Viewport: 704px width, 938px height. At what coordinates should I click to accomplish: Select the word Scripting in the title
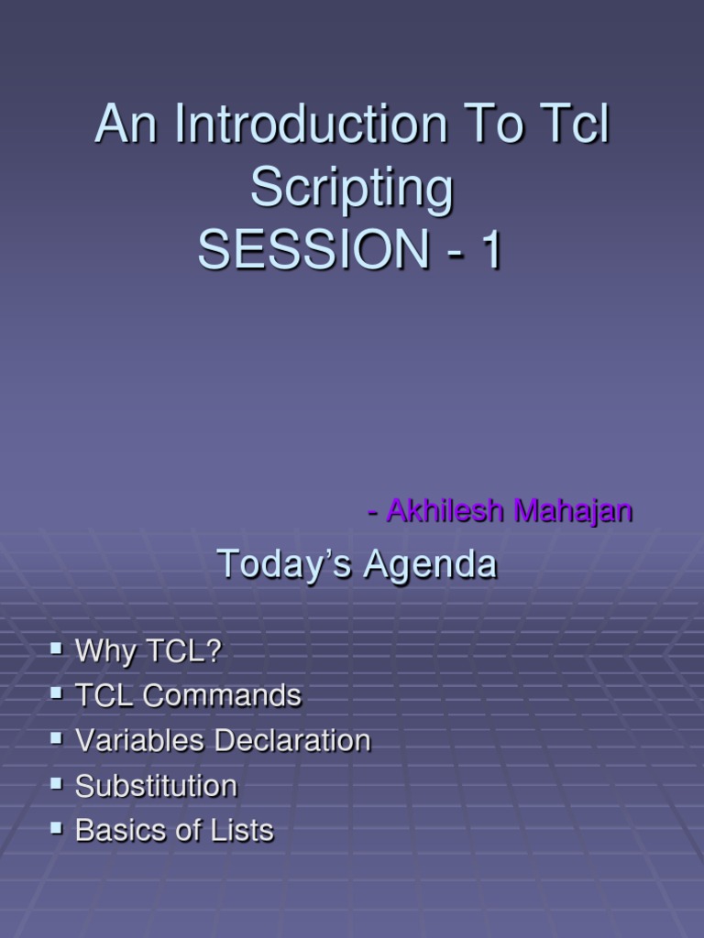click(x=352, y=189)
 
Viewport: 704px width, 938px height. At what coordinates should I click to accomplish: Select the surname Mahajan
click(x=574, y=510)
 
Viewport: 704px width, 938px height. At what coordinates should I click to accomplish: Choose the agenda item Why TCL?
click(x=148, y=651)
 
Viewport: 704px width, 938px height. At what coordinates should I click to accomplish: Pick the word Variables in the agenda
click(x=140, y=741)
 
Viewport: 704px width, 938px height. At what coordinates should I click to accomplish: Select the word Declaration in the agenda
click(x=292, y=741)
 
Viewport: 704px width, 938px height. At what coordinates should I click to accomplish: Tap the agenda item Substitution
click(x=156, y=786)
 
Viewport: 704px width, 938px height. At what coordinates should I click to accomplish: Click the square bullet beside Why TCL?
click(x=57, y=649)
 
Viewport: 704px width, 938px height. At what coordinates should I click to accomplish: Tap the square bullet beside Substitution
click(x=57, y=784)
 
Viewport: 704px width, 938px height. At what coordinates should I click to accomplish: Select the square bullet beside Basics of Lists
click(x=57, y=829)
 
